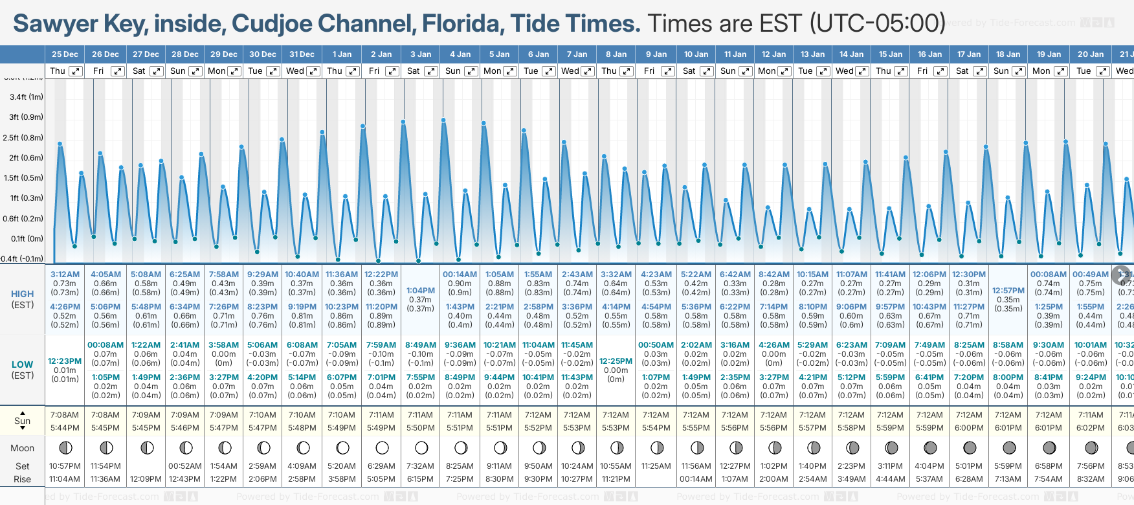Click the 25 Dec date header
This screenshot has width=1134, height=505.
65,54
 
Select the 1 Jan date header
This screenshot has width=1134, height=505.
342,54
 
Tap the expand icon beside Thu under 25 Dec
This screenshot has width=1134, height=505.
76,71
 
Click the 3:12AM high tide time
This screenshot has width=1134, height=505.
65,275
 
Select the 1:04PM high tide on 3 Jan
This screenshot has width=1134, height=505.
421,291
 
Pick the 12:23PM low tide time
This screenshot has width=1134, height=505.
65,361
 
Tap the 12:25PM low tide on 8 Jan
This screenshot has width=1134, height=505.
616,361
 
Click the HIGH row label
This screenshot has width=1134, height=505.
22,294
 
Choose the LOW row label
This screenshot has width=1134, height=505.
22,365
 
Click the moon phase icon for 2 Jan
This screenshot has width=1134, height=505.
382,447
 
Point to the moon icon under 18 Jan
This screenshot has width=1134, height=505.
1009,447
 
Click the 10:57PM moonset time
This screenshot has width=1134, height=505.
65,466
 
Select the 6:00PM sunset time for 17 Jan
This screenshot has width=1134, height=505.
969,428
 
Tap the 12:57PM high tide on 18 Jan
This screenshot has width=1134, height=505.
1008,291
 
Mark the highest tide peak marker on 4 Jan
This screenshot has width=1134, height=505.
443,120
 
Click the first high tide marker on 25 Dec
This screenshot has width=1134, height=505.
60,144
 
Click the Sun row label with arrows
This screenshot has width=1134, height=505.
22,421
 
